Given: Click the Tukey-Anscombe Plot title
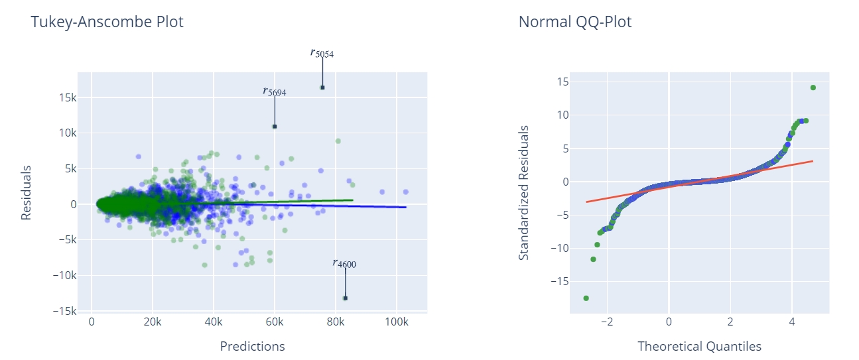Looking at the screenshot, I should click(107, 22).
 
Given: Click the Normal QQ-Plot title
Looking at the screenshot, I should click(574, 22).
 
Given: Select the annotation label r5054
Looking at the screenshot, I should click(322, 53).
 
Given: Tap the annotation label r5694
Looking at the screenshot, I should click(275, 91).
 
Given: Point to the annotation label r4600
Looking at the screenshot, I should click(344, 263).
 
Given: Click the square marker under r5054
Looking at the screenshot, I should click(322, 88).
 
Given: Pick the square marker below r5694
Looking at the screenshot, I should click(275, 126).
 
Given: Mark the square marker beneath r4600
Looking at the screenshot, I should click(345, 298).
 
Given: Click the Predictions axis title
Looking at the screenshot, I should click(252, 346).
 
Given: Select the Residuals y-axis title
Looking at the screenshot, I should click(27, 192).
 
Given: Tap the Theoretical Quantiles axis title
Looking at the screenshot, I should click(699, 346).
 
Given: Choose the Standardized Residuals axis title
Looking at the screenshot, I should click(524, 192).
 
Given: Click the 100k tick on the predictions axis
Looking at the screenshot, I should click(396, 322).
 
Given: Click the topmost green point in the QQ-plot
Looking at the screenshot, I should click(813, 88).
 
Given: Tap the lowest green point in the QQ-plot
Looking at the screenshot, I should click(586, 298).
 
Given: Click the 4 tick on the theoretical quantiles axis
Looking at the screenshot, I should click(792, 322).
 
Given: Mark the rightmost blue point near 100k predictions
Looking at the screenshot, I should click(405, 192).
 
